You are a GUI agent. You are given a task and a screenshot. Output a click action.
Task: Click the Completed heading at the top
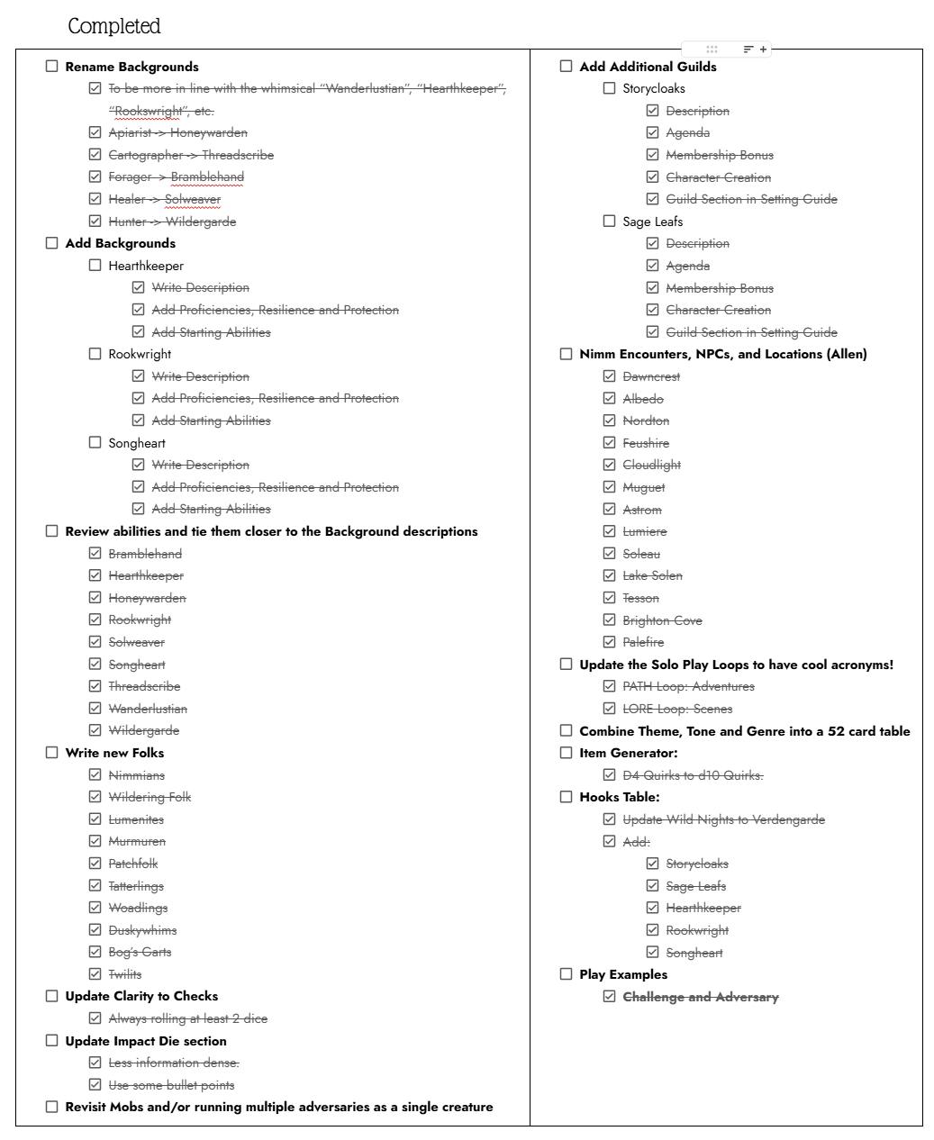click(114, 26)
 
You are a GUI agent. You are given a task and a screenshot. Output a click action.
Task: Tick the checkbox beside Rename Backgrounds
click(52, 67)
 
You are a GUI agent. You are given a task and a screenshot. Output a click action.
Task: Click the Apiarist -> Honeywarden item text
click(177, 133)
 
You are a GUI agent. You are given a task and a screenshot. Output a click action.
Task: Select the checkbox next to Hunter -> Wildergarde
click(95, 222)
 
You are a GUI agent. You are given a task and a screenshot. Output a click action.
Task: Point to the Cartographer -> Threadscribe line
click(191, 155)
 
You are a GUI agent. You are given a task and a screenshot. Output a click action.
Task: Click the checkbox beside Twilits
click(95, 974)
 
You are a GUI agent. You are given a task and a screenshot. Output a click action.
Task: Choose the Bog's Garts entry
click(140, 952)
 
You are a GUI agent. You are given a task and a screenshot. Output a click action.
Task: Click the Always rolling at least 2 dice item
click(187, 1018)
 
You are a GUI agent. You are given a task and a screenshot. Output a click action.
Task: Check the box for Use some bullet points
click(95, 1085)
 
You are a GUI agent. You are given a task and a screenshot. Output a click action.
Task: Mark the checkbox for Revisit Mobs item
click(52, 1107)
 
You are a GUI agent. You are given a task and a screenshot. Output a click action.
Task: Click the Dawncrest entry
click(651, 376)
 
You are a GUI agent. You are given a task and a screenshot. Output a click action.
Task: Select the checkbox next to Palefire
click(610, 642)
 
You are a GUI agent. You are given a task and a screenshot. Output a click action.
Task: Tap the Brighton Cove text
click(662, 620)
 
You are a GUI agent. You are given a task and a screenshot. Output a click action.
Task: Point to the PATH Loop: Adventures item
click(688, 686)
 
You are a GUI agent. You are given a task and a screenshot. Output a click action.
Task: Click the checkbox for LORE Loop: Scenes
click(610, 709)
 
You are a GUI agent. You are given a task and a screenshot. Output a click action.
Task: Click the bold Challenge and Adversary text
click(701, 997)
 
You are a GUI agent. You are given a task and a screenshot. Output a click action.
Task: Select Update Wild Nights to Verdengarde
click(723, 819)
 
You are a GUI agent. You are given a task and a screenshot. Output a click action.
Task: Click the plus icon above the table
click(764, 50)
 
